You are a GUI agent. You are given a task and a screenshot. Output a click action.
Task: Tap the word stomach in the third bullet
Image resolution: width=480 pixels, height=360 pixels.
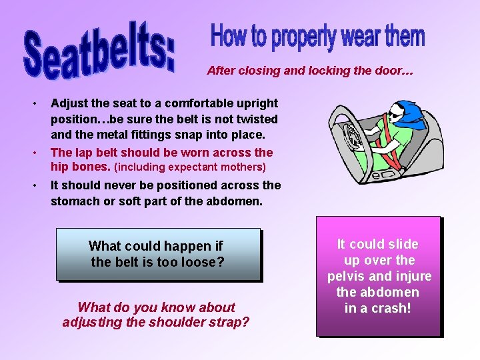coord(75,200)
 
